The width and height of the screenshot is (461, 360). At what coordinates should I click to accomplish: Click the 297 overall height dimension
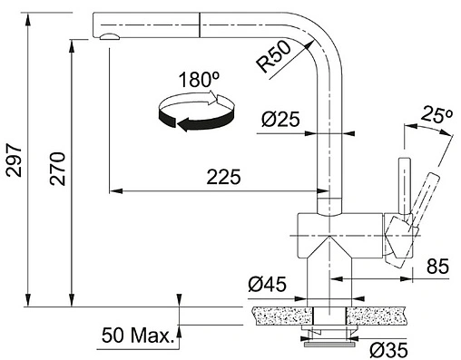[x=15, y=161]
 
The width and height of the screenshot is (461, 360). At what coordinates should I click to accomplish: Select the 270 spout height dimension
[x=58, y=169]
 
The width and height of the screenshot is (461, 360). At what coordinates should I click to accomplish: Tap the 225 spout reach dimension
[x=224, y=177]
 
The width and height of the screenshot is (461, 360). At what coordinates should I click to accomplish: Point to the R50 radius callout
[x=273, y=56]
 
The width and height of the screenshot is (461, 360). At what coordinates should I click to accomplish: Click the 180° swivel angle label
[x=199, y=80]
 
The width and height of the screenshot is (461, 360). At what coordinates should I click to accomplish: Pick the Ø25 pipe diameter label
[x=280, y=119]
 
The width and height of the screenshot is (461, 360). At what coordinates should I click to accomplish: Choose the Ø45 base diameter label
[x=267, y=285]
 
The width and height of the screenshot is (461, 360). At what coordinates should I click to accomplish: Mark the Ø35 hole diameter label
[x=388, y=350]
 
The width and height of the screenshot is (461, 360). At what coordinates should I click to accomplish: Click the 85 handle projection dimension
[x=437, y=267]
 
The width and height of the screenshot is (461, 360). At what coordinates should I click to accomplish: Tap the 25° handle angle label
[x=437, y=114]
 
